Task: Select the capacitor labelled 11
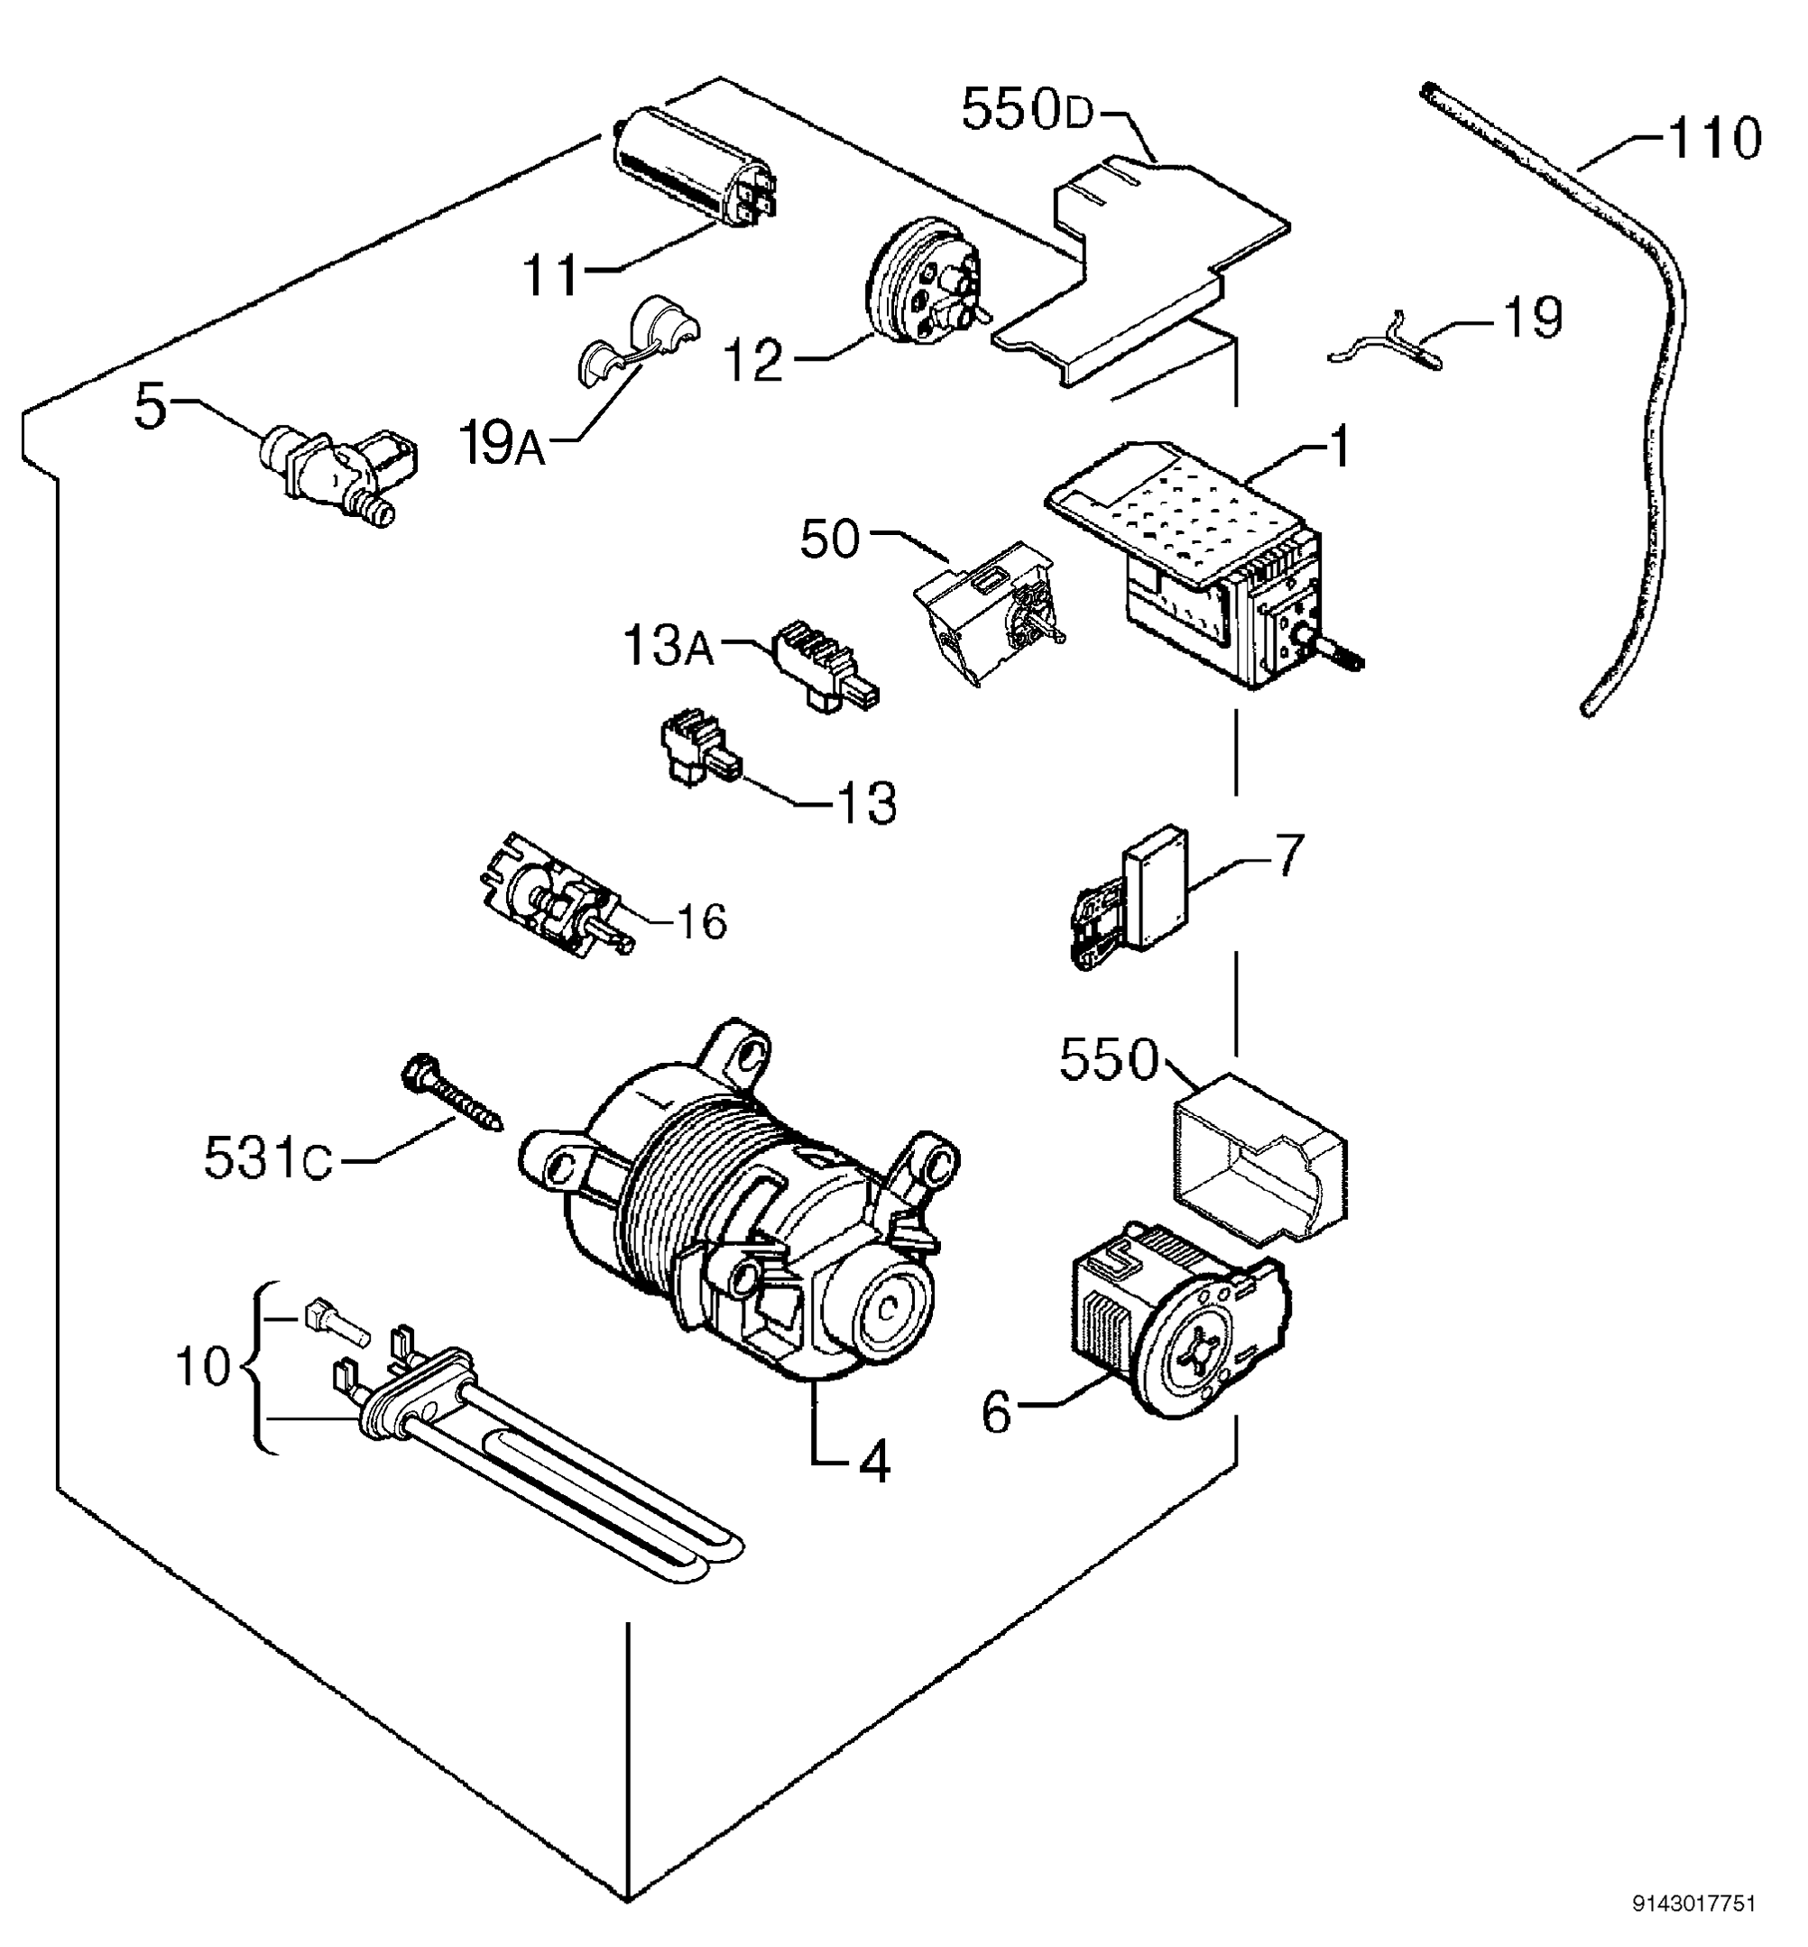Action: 692,176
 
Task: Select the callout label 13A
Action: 669,647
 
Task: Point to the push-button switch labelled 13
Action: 697,754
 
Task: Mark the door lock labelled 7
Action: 1135,895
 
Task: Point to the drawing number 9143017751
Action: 1693,1903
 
